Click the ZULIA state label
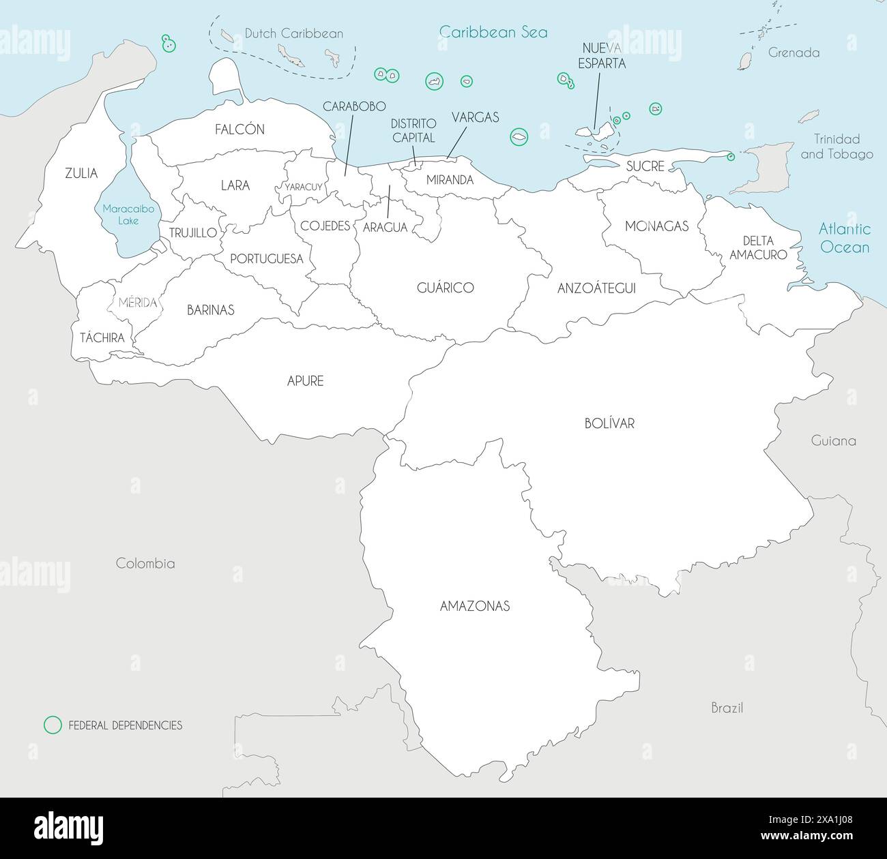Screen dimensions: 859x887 (81, 173)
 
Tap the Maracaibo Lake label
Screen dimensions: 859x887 (128, 215)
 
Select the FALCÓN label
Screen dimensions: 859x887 (239, 130)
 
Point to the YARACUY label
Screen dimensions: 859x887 (304, 187)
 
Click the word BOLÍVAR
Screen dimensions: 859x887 (609, 423)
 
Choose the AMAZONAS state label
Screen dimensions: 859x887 (475, 606)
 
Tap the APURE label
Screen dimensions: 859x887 (305, 381)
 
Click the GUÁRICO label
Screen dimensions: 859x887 (446, 288)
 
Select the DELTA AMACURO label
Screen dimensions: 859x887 (758, 247)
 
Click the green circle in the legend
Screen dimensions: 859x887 (52, 725)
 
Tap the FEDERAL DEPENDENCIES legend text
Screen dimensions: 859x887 (126, 725)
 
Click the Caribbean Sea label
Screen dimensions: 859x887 (493, 32)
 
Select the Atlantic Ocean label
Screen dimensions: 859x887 (845, 238)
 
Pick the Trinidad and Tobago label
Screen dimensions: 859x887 (837, 147)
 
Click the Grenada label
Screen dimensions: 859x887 (794, 52)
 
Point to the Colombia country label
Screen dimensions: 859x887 (145, 563)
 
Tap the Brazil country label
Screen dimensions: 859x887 (727, 708)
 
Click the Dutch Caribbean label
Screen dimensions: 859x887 (294, 33)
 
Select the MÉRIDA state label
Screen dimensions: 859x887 (138, 303)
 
